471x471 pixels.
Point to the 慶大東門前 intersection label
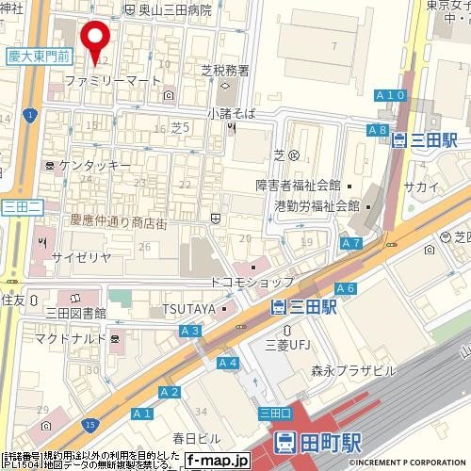[37, 57]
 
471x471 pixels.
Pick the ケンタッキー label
[94, 165]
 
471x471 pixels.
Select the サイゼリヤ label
[81, 256]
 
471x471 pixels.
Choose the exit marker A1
[142, 413]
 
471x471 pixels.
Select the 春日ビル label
[195, 439]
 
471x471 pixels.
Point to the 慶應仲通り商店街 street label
[118, 221]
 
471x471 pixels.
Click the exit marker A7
[351, 243]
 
